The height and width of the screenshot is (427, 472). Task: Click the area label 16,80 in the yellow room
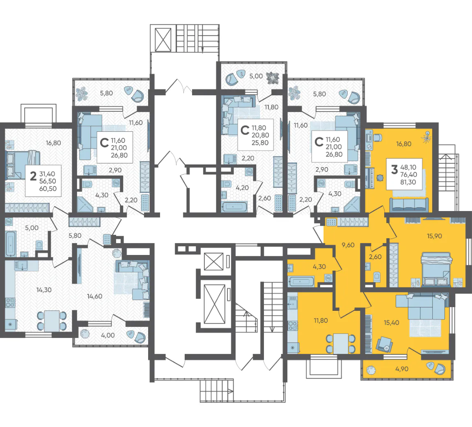point(403,144)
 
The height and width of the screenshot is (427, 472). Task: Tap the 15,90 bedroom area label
point(434,236)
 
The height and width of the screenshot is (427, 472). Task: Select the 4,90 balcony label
point(401,369)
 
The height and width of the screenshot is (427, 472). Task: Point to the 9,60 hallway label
point(348,245)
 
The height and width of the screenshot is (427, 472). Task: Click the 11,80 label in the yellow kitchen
point(321,321)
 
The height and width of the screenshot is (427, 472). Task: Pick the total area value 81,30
point(408,182)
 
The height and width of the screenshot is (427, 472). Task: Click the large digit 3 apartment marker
point(394,170)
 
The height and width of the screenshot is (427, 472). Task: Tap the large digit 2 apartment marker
point(33,176)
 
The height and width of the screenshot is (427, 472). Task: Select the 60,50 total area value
point(48,189)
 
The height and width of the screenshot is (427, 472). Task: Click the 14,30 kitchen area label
point(44,290)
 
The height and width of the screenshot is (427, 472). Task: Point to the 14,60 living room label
point(94,296)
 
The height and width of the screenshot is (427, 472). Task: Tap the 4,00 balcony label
point(108,335)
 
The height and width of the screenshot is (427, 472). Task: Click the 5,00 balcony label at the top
point(256,76)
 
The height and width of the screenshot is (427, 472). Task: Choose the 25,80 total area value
point(260,143)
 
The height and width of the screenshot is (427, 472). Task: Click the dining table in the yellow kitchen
point(341,344)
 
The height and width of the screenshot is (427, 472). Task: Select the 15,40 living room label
point(391,323)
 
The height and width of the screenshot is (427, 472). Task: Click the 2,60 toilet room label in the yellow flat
point(375,257)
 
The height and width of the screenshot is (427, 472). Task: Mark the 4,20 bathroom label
point(242,188)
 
